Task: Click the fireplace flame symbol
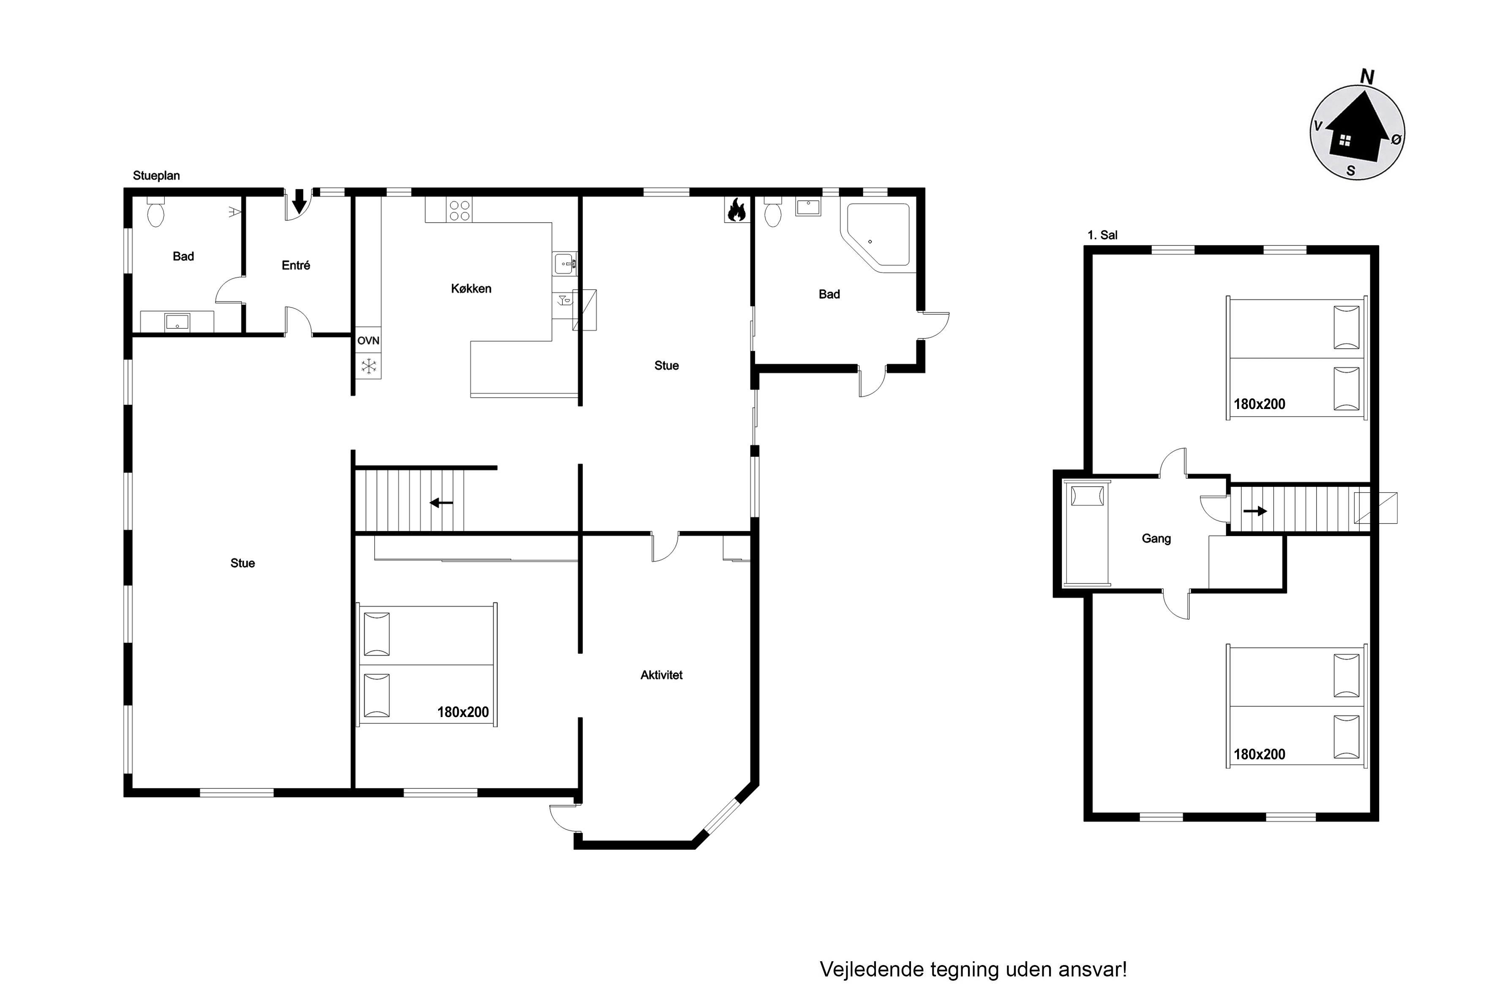pyautogui.click(x=736, y=210)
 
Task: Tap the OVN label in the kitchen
pyautogui.click(x=368, y=341)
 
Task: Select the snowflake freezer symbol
pyautogui.click(x=368, y=366)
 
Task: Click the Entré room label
pyautogui.click(x=296, y=265)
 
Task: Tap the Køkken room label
pyautogui.click(x=471, y=288)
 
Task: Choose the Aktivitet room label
pyautogui.click(x=661, y=675)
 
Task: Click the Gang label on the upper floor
pyautogui.click(x=1156, y=538)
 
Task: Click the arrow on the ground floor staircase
pyautogui.click(x=441, y=503)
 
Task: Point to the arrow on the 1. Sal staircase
pyautogui.click(x=1254, y=510)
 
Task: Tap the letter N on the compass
pyautogui.click(x=1366, y=77)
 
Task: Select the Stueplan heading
pyautogui.click(x=156, y=176)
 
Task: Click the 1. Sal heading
pyautogui.click(x=1102, y=235)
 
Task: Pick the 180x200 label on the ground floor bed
pyautogui.click(x=463, y=712)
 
